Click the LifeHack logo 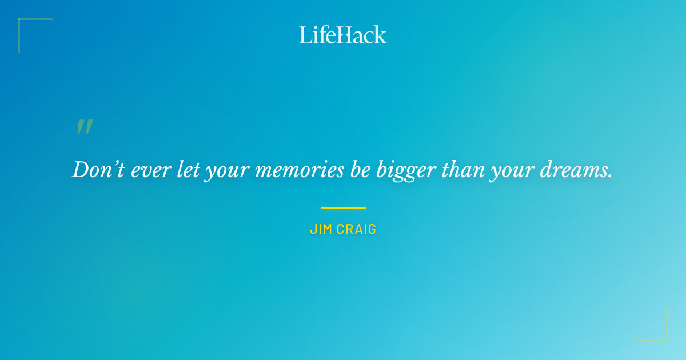(x=343, y=35)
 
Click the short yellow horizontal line (x=343, y=207)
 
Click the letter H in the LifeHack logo (x=341, y=35)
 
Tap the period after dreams (x=610, y=176)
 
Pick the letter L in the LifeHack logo (x=305, y=35)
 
